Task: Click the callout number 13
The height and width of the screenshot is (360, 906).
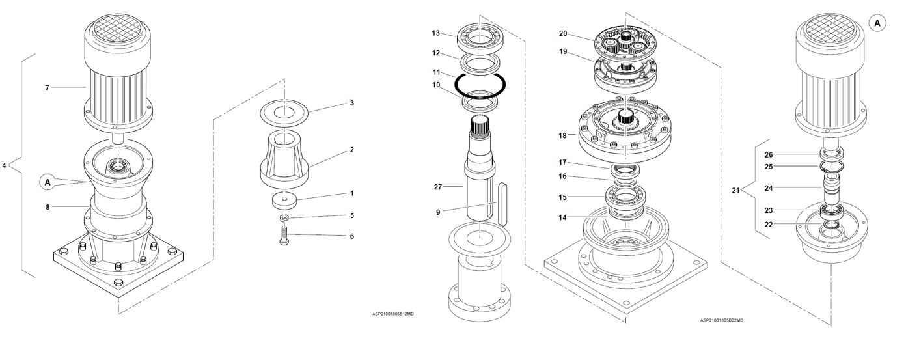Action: coord(435,33)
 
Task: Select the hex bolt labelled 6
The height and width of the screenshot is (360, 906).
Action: coord(284,236)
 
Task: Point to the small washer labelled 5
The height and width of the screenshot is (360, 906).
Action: coord(284,219)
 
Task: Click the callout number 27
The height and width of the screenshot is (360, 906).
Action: coord(438,187)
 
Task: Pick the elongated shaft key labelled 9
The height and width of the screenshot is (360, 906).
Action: coord(501,204)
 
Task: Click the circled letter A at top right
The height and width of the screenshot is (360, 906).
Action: coord(877,23)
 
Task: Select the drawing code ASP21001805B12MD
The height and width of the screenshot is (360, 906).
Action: coord(392,314)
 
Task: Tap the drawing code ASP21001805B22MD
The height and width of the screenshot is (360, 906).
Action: coord(722,320)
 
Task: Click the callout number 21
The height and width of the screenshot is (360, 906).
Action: coord(735,190)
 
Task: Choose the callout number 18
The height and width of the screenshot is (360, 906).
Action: coord(562,136)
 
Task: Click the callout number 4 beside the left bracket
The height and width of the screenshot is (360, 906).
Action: coord(4,165)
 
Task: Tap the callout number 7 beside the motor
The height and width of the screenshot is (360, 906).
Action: coord(47,88)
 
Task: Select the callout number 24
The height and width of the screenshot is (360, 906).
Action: coord(769,188)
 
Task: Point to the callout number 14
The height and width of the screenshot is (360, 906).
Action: coord(562,217)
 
